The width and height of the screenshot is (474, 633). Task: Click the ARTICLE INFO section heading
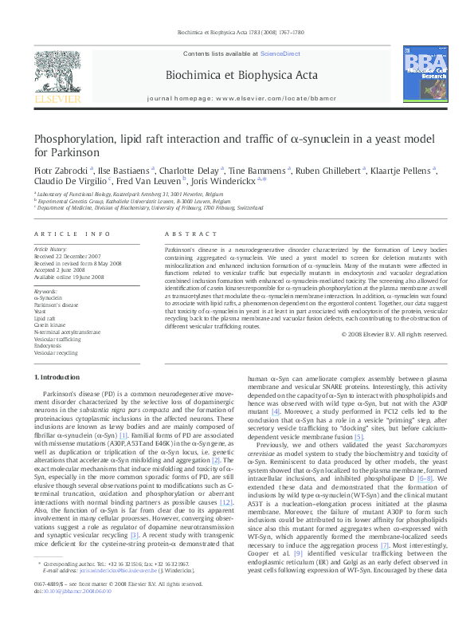(x=72, y=234)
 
